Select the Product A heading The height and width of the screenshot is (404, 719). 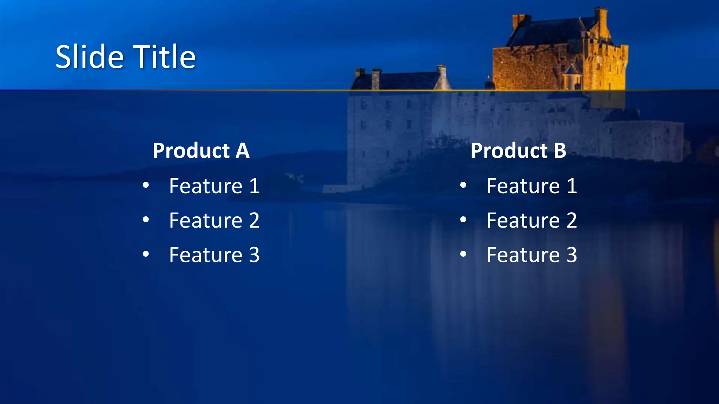201,151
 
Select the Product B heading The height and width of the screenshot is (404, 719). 518,151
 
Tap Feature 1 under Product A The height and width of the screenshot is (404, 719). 214,186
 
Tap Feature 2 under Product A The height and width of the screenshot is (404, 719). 214,221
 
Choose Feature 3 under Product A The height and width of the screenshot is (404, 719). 214,255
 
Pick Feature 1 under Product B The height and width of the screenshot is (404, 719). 532,186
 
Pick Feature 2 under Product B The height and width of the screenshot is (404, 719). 532,221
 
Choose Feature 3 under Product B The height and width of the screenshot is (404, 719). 532,255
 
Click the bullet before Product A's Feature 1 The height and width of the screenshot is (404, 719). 146,185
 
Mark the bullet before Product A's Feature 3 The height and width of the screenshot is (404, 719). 146,254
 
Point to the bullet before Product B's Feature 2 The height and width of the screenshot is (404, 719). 463,220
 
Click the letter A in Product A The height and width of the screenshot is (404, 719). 242,151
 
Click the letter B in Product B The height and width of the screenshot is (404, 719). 560,151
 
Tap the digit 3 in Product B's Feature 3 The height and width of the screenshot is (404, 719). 572,255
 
